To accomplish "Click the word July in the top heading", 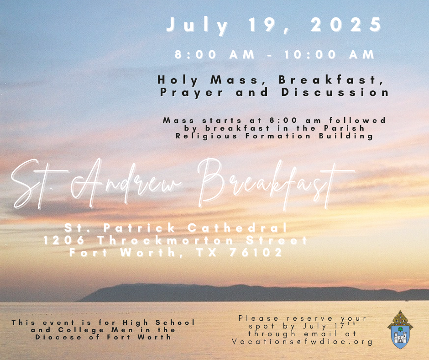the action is [x=197, y=26].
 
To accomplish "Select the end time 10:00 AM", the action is [x=329, y=54].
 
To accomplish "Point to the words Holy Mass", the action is [x=208, y=80].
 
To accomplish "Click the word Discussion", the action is [x=335, y=92].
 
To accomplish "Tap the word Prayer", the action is [x=192, y=93].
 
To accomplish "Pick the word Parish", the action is [x=344, y=128].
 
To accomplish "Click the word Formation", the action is [x=278, y=136].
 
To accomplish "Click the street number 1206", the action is [x=64, y=240].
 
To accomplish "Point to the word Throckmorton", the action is [x=166, y=240].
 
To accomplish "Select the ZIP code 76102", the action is [x=256, y=252].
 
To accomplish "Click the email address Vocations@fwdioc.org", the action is [x=302, y=342].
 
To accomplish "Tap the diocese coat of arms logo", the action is [x=400, y=329].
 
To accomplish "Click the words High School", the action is [x=159, y=323].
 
